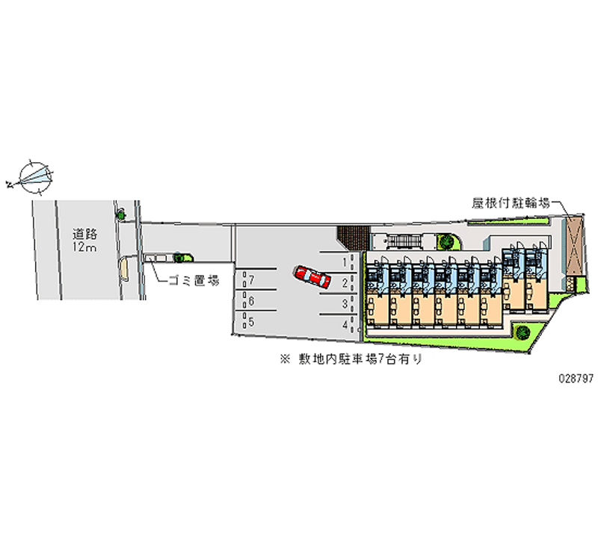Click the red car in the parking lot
(x=312, y=276)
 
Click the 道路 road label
(x=84, y=234)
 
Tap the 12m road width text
(x=84, y=247)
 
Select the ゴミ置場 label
(x=194, y=281)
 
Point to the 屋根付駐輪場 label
(x=511, y=203)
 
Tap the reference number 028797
(x=576, y=378)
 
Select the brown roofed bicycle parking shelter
(x=575, y=246)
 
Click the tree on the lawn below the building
(x=522, y=332)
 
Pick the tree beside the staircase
(x=446, y=241)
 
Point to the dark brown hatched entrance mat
(x=354, y=238)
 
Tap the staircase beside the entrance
(x=404, y=241)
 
